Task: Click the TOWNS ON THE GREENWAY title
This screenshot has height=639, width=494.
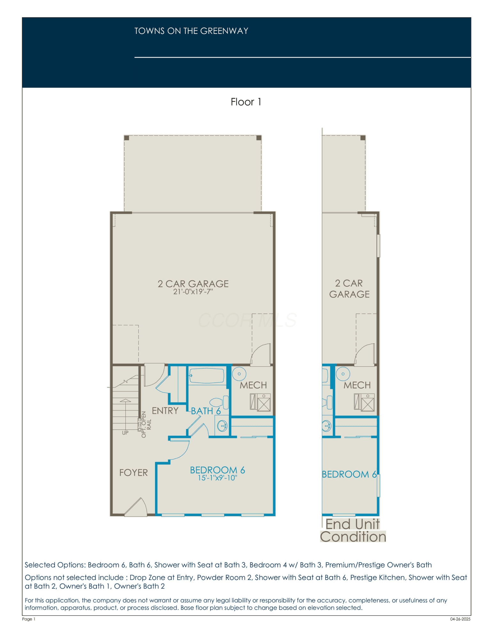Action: [x=191, y=31]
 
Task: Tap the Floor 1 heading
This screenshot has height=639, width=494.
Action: [x=246, y=102]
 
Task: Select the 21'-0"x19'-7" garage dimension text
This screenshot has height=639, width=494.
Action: [x=193, y=292]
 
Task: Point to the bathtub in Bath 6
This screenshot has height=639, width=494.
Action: [x=207, y=376]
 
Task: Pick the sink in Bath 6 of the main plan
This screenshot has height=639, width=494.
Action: [x=222, y=425]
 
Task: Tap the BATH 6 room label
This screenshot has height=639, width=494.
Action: [x=206, y=411]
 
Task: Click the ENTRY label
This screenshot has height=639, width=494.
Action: [x=165, y=411]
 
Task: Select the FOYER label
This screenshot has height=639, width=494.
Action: [x=134, y=473]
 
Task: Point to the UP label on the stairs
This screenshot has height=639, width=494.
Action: [x=125, y=433]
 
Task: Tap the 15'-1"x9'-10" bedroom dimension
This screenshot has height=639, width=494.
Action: [x=217, y=478]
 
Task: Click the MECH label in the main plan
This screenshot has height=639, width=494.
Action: [x=253, y=385]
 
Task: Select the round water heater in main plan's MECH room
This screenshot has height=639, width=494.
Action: [x=239, y=374]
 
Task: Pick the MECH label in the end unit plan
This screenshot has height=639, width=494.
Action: [x=357, y=385]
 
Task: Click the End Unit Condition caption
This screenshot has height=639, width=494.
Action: [x=353, y=530]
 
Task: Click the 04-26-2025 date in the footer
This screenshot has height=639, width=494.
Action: [x=460, y=619]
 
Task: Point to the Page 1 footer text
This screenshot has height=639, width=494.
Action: [x=29, y=619]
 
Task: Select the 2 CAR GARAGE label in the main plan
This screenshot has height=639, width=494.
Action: [x=193, y=284]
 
